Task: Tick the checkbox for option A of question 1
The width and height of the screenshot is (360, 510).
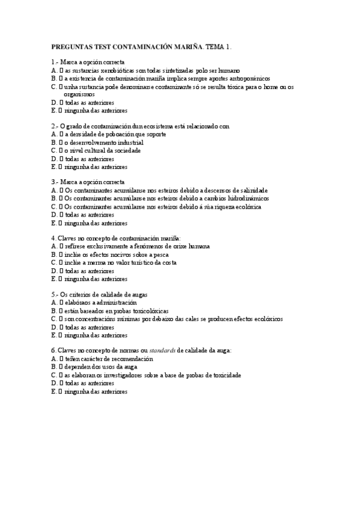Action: (61, 70)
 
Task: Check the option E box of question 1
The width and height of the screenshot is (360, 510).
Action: (61, 111)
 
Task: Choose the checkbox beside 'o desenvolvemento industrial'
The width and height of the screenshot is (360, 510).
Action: (61, 143)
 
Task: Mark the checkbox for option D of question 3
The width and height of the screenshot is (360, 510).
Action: (61, 214)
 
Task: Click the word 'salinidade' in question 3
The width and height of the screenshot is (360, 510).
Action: (254, 190)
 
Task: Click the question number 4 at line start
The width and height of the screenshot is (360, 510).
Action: (53, 238)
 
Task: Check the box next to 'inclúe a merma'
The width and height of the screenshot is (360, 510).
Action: (61, 262)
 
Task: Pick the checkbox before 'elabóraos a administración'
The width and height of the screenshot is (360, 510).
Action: (61, 303)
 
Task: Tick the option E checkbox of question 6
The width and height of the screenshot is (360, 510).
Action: (61, 391)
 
